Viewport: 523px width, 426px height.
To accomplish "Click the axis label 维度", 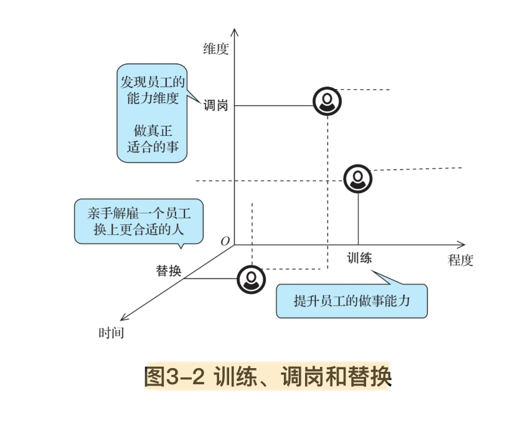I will click(x=216, y=49).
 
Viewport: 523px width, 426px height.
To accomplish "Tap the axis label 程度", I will click(x=461, y=260).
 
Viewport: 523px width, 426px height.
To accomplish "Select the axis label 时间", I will click(x=111, y=333).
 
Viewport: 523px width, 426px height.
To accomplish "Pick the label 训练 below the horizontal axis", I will click(x=359, y=257).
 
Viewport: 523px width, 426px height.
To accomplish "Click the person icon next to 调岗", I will click(x=327, y=102).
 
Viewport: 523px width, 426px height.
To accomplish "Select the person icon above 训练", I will click(x=358, y=179).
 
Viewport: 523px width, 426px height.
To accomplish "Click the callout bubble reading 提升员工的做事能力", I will click(x=352, y=301).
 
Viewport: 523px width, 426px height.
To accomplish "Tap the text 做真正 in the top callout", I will click(x=152, y=131).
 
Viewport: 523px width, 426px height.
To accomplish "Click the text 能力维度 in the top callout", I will click(x=152, y=98).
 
